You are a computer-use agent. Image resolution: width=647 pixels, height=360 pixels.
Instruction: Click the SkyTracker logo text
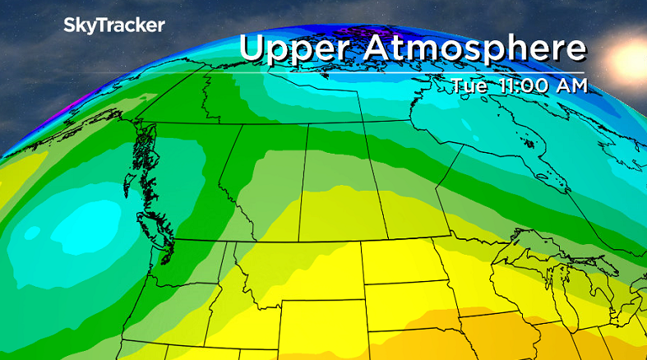click(x=113, y=25)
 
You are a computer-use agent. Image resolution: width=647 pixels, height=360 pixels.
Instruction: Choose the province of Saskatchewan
click(x=337, y=185)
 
